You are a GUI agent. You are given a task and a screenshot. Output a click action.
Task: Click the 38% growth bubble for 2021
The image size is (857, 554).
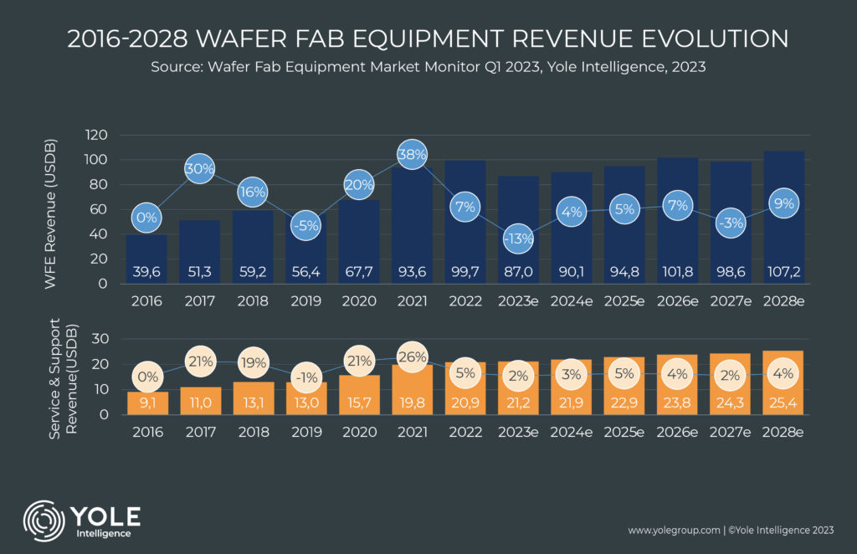[x=412, y=155]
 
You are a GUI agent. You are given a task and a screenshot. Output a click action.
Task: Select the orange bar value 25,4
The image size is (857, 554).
[x=784, y=402]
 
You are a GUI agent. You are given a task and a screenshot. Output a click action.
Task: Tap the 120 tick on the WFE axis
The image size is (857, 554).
[x=97, y=135]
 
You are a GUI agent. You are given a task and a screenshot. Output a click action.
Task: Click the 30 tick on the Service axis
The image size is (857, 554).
[x=100, y=340]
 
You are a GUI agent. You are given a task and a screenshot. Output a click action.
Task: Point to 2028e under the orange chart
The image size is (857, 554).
[x=784, y=433]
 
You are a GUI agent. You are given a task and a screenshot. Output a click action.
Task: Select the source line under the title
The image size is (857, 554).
[x=428, y=68]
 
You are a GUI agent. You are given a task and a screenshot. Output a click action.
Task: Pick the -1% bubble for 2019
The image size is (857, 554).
[x=305, y=377]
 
